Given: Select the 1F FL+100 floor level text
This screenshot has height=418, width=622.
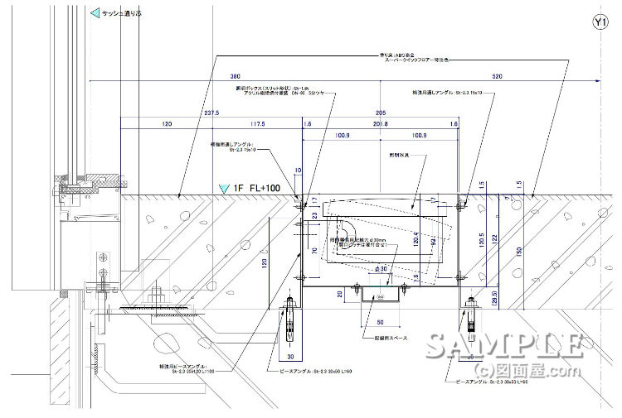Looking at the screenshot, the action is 257,188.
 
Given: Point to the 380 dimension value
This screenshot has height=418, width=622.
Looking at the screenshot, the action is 213,76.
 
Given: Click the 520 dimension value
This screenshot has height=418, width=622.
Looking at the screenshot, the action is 497,76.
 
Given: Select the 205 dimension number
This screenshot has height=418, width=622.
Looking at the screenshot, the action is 381,112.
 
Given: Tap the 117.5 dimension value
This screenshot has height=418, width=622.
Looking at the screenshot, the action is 257,124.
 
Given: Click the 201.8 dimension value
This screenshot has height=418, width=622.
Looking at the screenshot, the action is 381,124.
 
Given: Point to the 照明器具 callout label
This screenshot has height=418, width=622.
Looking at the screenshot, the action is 401,155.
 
